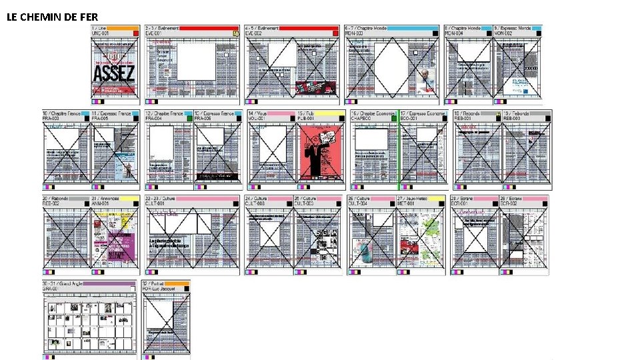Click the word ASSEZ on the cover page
tap(113, 73)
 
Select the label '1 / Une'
tap(98, 28)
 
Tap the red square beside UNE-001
tap(136, 33)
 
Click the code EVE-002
tap(253, 33)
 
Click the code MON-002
tap(503, 33)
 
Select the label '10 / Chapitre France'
tap(62, 113)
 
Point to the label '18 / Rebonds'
tap(468, 113)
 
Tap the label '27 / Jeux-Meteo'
tap(412, 199)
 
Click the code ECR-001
tap(461, 203)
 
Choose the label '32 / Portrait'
tap(160, 283)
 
